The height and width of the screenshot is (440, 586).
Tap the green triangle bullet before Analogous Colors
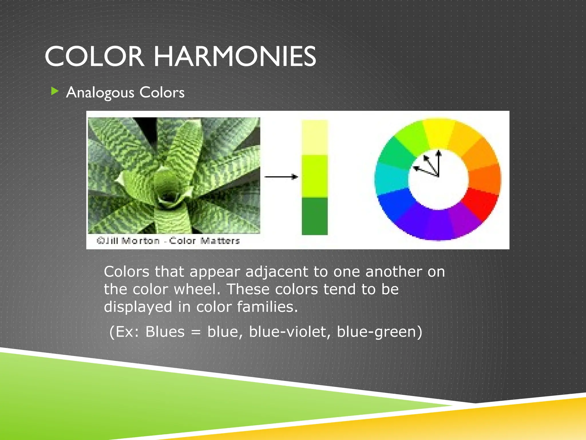(x=54, y=91)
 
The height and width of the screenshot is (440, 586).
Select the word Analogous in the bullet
(x=100, y=93)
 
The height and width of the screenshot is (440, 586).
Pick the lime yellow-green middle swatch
(x=314, y=176)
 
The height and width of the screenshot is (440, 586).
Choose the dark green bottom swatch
(x=314, y=216)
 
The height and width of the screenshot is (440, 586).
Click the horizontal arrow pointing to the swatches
(x=281, y=177)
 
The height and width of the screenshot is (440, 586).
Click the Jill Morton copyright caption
(x=168, y=241)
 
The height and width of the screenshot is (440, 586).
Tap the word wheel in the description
(x=197, y=289)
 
